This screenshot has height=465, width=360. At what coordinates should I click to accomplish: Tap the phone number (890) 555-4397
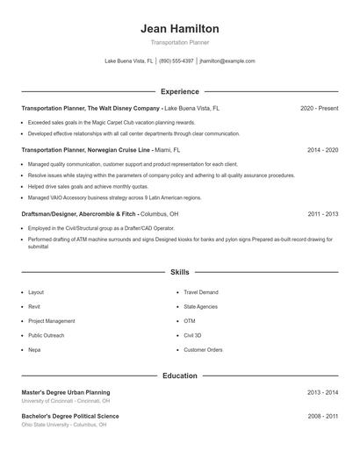click(x=176, y=61)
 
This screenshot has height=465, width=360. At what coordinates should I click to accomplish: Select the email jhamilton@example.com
click(x=227, y=61)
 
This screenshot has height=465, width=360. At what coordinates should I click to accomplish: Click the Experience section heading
click(x=179, y=91)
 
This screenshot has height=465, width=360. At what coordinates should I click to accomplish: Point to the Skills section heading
click(x=179, y=273)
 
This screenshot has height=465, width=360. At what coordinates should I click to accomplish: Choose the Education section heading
click(x=179, y=376)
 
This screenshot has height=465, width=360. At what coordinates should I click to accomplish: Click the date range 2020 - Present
click(x=319, y=108)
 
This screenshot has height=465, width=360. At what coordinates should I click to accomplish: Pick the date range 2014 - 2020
click(x=322, y=150)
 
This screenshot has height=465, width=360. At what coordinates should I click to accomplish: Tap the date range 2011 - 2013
click(x=322, y=213)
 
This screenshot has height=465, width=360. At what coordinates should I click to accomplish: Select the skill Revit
click(x=34, y=306)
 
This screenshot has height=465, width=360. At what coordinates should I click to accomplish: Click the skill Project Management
click(x=51, y=321)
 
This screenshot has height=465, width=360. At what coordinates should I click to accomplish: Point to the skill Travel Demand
click(x=201, y=292)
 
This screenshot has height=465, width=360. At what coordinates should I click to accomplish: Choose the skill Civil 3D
click(x=192, y=335)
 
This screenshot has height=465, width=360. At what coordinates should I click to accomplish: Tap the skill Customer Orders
click(x=203, y=350)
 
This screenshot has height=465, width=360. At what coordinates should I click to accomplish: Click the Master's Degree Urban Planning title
click(x=66, y=392)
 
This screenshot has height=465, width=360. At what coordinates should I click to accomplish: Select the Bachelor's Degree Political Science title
click(x=69, y=416)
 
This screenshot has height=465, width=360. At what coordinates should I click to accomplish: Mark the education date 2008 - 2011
click(x=322, y=416)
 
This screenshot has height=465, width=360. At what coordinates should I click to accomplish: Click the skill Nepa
click(x=34, y=350)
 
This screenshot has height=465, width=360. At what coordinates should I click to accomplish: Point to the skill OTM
click(x=189, y=321)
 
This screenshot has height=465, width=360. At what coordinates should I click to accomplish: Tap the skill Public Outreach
click(x=46, y=335)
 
